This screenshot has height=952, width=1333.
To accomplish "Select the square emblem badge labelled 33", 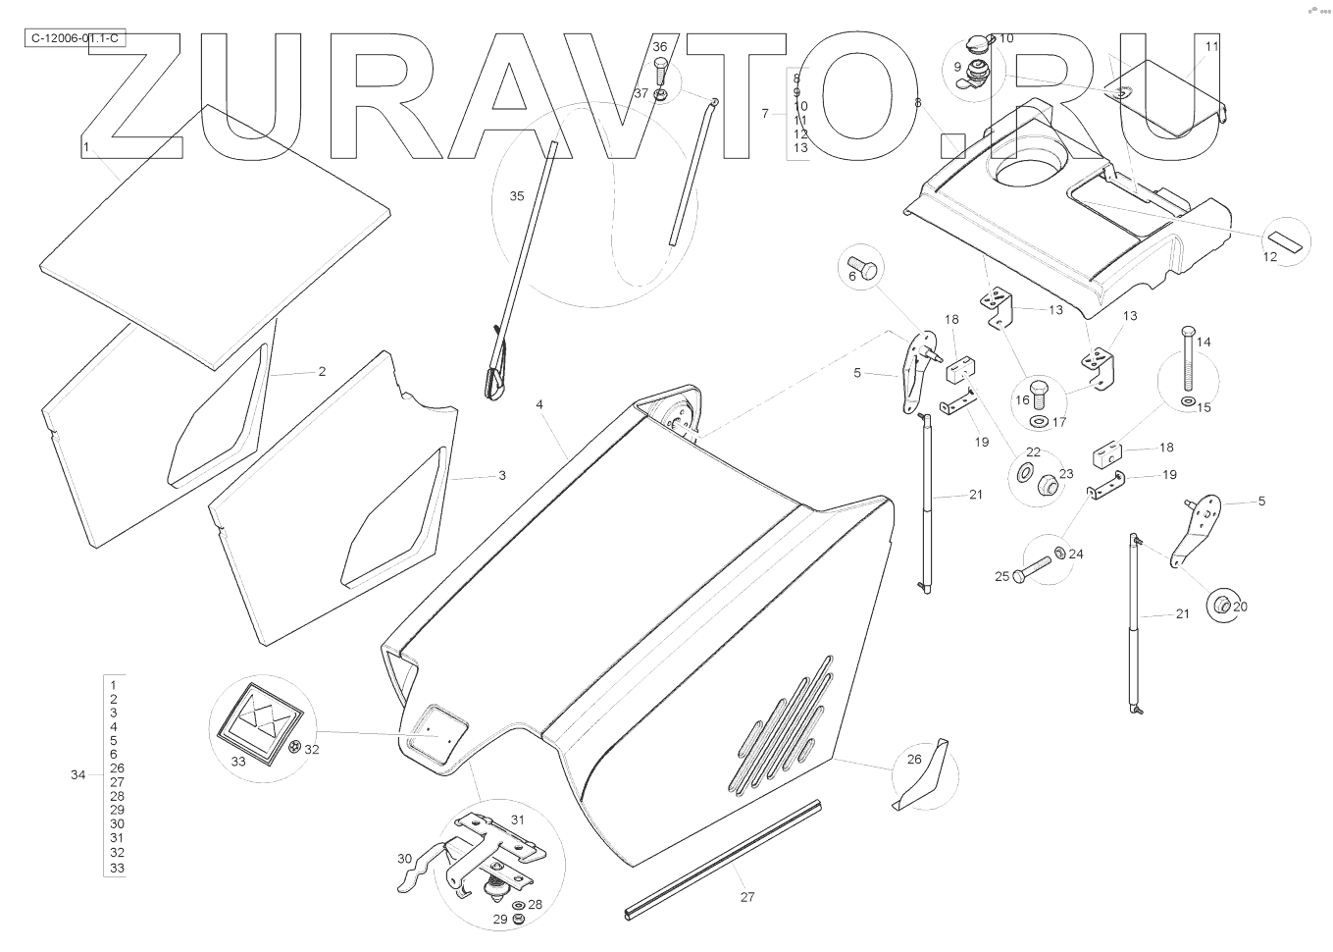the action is pyautogui.click(x=258, y=725).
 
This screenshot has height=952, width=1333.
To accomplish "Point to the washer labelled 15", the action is pyautogui.click(x=1189, y=402).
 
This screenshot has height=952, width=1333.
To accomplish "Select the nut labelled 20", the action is pyautogui.click(x=1221, y=604).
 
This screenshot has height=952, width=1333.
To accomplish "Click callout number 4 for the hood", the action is pyautogui.click(x=539, y=404).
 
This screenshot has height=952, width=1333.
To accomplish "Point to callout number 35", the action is pyautogui.click(x=517, y=196).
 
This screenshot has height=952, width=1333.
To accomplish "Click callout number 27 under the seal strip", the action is pyautogui.click(x=747, y=896).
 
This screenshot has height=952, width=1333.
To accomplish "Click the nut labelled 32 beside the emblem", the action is pyautogui.click(x=295, y=750).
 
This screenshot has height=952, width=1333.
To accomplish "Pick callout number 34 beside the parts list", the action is pyautogui.click(x=78, y=774).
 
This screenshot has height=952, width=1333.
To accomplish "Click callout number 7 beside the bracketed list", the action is pyautogui.click(x=765, y=113).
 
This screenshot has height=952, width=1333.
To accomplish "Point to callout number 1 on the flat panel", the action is pyautogui.click(x=86, y=146).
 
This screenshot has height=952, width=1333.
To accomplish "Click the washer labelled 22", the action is pyautogui.click(x=1024, y=473).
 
